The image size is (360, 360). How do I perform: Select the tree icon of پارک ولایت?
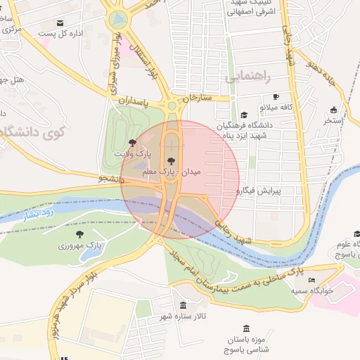point(132,143)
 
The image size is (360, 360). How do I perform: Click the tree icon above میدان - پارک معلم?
point(171,161)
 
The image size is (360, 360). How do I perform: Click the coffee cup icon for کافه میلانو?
point(276,97)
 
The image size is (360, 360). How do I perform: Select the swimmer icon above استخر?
point(333,109)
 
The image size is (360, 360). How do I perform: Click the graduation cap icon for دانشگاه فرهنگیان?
point(244,115)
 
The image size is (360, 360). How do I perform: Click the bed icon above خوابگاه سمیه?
point(312,279)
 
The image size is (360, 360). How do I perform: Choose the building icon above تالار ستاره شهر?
point(184,305)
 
